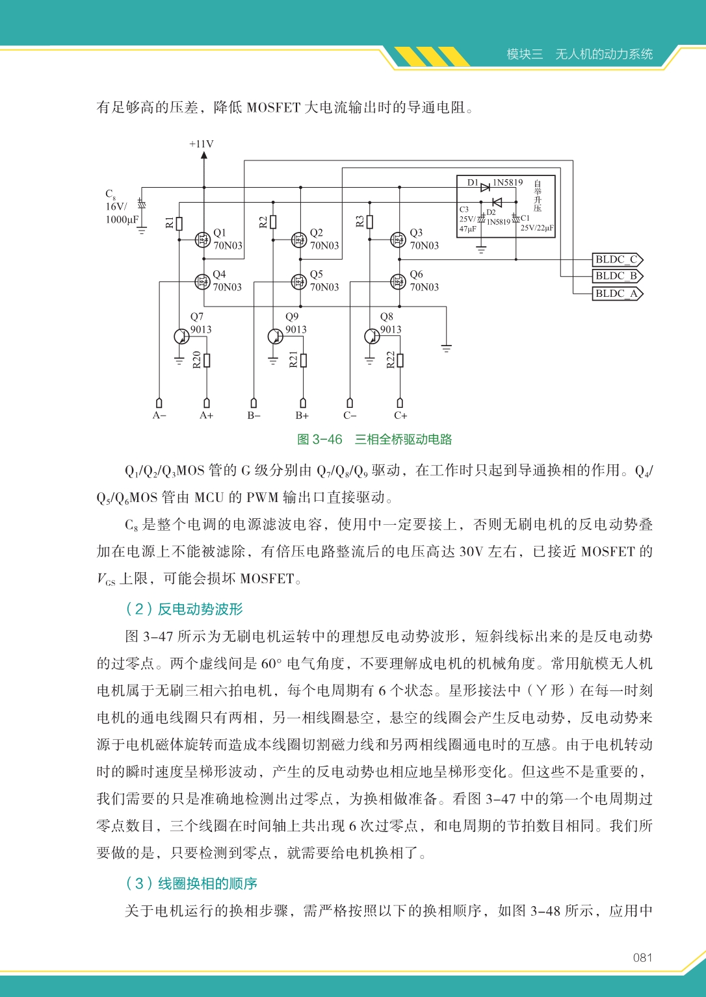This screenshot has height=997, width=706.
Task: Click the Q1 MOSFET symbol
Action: pos(203,240)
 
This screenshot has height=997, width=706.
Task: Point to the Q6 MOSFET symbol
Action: pos(398,281)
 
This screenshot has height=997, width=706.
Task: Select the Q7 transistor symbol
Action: pos(181,336)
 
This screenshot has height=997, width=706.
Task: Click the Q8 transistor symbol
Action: pos(372,336)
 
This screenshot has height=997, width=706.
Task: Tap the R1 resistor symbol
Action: pos(179,223)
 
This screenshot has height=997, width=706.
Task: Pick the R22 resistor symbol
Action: pos(400,360)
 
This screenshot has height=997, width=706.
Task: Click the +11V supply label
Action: pos(202,144)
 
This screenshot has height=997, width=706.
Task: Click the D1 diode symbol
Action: pos(485,187)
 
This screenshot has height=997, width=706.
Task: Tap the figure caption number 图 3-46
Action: pos(319,440)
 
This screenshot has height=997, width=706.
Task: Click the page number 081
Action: pos(642,957)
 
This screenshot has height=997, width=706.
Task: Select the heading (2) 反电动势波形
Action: pos(184,609)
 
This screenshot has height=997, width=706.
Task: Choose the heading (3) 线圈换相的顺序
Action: pos(191,883)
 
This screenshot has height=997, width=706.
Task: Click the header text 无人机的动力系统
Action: pos(604,55)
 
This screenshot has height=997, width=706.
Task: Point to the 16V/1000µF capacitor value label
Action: pos(122,213)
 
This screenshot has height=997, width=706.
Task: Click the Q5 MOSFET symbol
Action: pos(299,281)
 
